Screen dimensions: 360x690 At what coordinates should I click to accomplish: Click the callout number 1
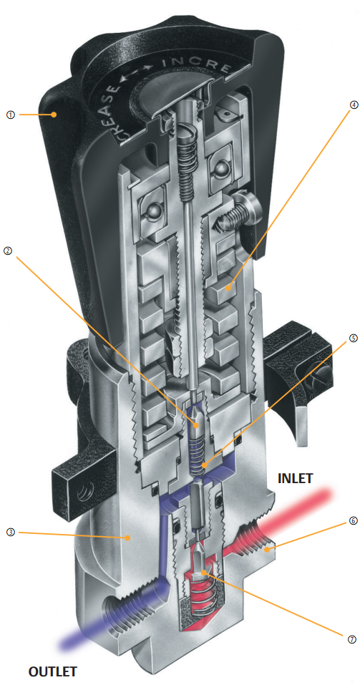point(11,115)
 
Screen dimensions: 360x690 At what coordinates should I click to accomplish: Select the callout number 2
point(7,251)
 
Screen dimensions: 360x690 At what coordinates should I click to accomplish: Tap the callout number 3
point(11,532)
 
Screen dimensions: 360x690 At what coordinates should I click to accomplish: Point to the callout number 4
point(354,105)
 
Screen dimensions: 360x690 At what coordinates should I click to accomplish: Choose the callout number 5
point(354,339)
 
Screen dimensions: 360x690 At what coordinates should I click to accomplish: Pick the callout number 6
point(353,520)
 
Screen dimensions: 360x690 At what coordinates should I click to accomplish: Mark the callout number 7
point(351,640)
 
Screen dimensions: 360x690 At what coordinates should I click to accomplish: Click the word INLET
point(295,478)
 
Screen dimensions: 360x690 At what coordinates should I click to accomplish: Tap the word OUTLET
point(53,672)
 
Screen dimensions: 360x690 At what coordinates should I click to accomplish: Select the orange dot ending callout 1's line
point(54,115)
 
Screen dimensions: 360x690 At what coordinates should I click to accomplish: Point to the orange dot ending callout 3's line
point(127,538)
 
